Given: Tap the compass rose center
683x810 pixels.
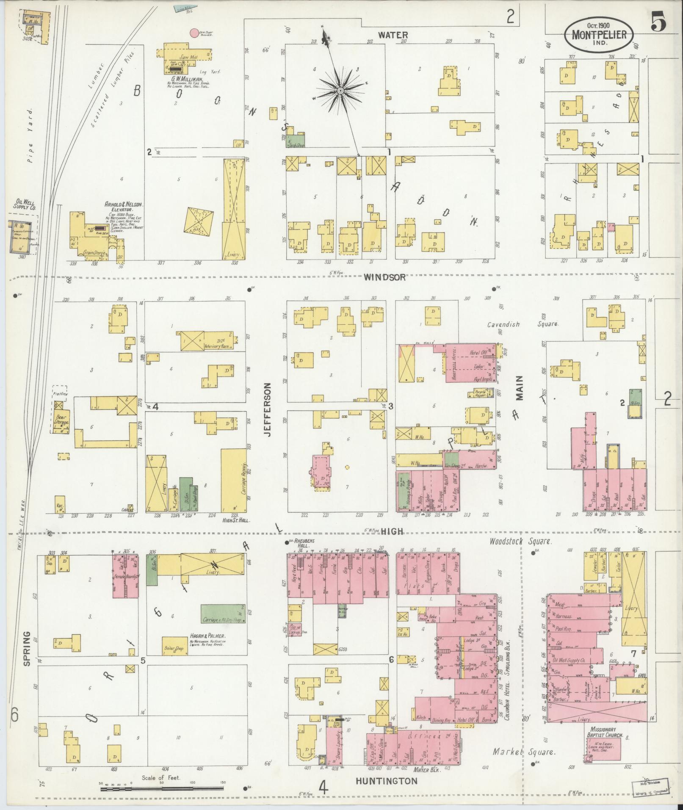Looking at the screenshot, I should point(340,91).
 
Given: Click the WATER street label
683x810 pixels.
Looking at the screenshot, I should point(393,35).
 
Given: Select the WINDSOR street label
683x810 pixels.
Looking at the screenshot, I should point(385,277).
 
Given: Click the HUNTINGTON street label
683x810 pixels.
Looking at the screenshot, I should point(386,781).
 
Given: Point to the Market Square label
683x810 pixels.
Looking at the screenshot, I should point(524,752).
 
